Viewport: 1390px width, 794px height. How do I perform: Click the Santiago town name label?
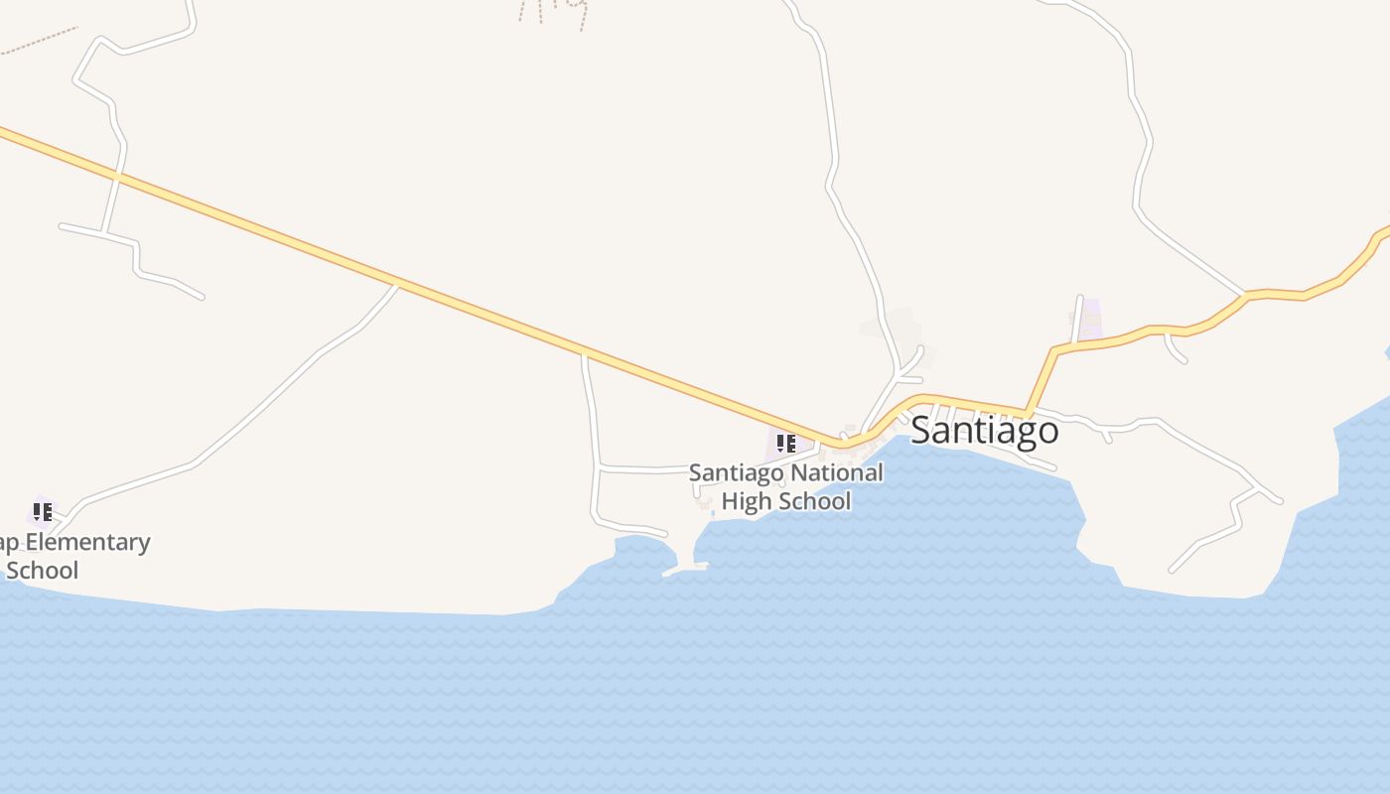point(984,431)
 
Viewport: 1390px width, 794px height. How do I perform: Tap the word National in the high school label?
point(833,472)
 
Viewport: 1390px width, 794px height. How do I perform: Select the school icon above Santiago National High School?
point(785,443)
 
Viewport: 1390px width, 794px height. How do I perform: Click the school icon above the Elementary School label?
point(42,512)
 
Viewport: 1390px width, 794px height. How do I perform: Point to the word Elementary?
point(86,542)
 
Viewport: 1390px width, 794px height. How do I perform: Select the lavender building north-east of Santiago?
point(1091,316)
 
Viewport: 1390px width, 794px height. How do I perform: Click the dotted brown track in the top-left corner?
point(40,41)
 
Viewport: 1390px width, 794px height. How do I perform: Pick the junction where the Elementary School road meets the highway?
point(397,285)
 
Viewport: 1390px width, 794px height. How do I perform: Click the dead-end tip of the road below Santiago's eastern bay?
point(1173,571)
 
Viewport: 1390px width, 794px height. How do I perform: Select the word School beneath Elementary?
point(42,571)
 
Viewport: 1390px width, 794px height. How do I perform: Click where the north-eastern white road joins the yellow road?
point(1244,295)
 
